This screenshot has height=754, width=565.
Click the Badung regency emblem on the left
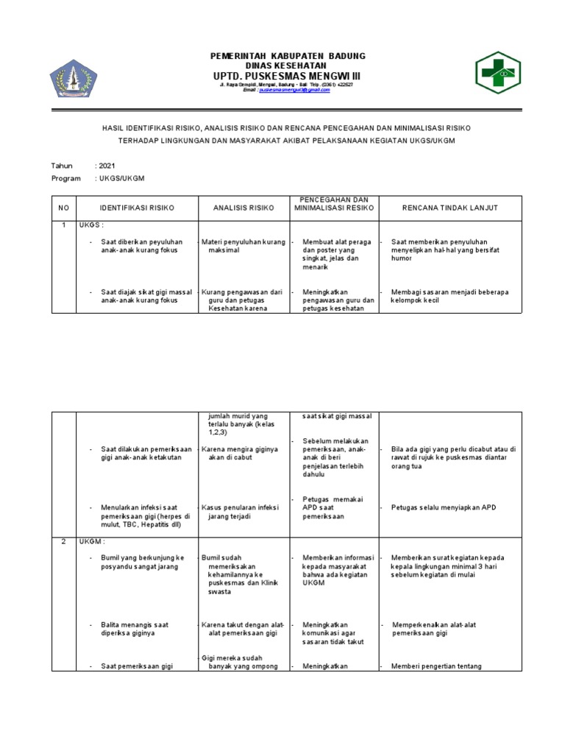(x=73, y=77)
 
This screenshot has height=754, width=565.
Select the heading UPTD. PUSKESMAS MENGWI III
(x=287, y=77)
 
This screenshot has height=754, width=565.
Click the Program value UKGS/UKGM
(x=121, y=178)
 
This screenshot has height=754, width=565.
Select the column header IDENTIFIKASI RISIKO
(x=137, y=208)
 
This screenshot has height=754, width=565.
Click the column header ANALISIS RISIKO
(x=243, y=208)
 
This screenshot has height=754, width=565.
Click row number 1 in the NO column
(x=63, y=225)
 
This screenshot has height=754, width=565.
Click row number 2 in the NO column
(x=63, y=541)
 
